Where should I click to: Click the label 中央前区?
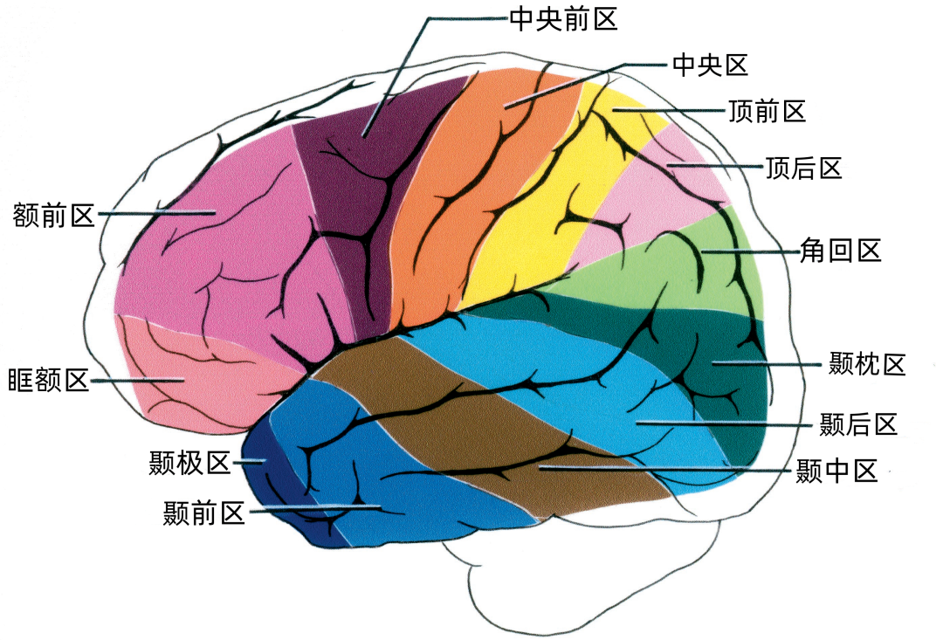coord(563,20)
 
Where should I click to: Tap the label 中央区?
coord(710,65)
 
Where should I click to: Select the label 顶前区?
coord(767,111)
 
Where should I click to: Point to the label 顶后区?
coord(803,169)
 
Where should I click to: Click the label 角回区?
coord(840,251)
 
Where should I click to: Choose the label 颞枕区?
coord(867,364)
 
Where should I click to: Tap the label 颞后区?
coord(858,424)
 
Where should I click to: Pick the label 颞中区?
coord(836,471)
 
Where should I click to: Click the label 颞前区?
coord(203,513)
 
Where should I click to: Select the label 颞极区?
coord(190,463)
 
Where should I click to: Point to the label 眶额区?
coord(48,381)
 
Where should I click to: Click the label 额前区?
coord(53,215)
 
